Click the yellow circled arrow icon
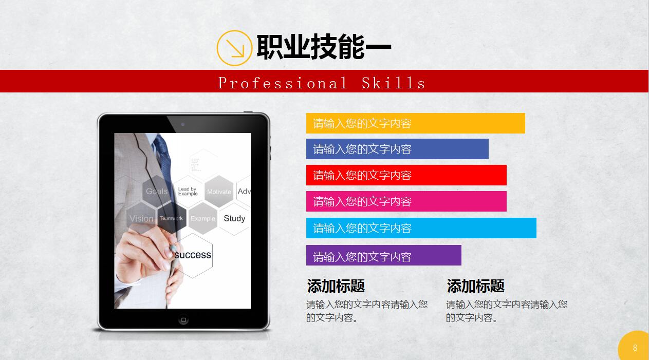coord(234,48)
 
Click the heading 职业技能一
coord(324,47)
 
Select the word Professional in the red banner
coord(283,83)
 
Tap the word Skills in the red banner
coord(394,83)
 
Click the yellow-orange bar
coord(415,123)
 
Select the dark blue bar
coord(397,149)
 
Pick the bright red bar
coord(406,175)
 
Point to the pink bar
coord(406,201)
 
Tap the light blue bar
coord(421,228)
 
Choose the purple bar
coord(383,255)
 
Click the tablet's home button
coord(183,319)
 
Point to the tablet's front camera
coord(183,124)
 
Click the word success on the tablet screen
coord(193,255)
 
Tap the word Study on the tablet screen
coord(234,218)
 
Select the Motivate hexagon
coord(219,192)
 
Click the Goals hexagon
coord(156,191)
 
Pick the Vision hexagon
coord(141,218)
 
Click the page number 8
coord(635,348)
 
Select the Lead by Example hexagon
coord(188,191)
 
